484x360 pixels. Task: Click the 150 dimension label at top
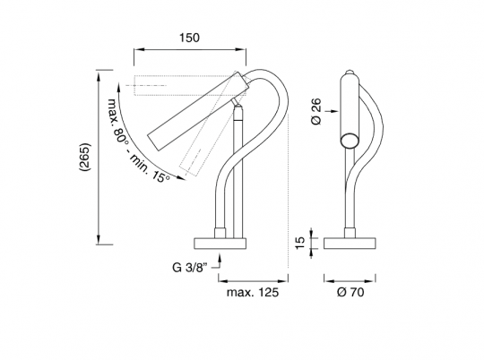(x=189, y=38)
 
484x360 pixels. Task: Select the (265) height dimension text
(x=84, y=157)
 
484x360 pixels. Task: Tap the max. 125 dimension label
(x=253, y=292)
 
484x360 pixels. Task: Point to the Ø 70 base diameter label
(x=350, y=292)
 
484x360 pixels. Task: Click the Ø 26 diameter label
(x=316, y=111)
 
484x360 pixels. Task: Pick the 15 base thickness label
(x=300, y=243)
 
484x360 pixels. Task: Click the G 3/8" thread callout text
(x=188, y=267)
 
